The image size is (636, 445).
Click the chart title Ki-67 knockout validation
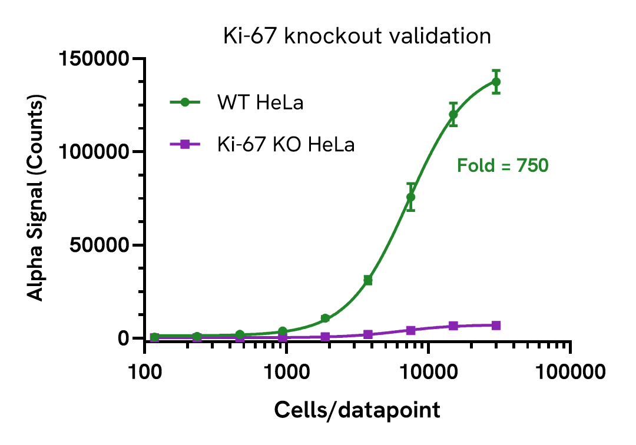[357, 36]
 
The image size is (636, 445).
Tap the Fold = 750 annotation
[503, 166]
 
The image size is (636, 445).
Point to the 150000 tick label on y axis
[94, 59]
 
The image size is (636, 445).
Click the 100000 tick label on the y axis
[94, 152]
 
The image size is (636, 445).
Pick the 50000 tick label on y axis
[99, 245]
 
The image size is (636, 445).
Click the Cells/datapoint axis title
[357, 410]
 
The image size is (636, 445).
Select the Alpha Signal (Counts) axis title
[37, 199]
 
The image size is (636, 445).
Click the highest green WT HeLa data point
[496, 82]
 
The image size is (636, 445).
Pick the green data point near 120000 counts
[453, 114]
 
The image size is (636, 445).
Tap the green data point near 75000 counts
[410, 197]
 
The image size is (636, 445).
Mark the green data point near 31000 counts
[368, 280]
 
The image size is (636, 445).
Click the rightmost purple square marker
[496, 326]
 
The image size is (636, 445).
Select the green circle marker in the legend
[185, 102]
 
